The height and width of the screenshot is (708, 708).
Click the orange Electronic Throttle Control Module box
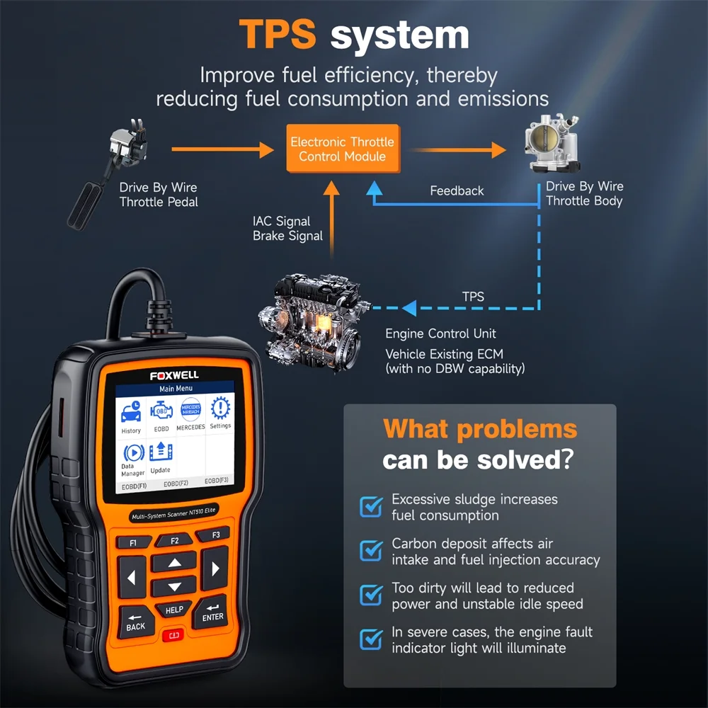pos(343,149)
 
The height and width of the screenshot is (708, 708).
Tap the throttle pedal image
pos(108,174)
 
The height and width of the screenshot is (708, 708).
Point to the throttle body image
pos(552,143)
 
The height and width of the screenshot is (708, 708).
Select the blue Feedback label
pos(457,190)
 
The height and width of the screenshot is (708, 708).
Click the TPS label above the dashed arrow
pos(473,297)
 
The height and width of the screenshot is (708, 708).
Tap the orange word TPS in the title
pos(278,34)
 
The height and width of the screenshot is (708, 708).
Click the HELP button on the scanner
pos(174,610)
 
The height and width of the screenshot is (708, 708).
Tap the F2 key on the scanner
pos(175,540)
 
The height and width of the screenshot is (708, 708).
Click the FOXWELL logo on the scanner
pos(174,375)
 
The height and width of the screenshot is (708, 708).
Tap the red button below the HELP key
pos(174,635)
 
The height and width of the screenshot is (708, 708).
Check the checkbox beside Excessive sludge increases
pos(371,507)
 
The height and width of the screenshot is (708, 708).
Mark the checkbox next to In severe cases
pos(371,639)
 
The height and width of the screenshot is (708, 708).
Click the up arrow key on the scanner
pos(175,563)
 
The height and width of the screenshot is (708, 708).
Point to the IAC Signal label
pos(281,221)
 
